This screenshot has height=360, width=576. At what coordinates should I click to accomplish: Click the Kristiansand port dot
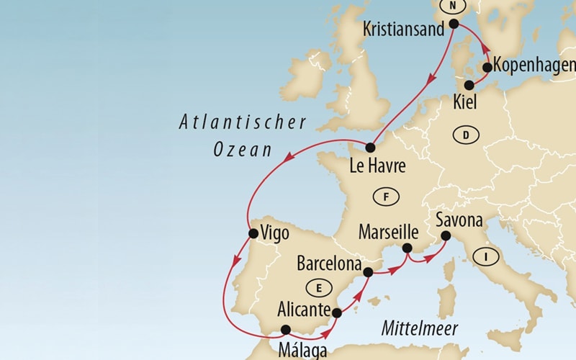(x=454, y=24)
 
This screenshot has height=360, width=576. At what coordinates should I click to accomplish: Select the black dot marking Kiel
(x=469, y=85)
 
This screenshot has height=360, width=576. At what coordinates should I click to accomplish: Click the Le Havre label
(x=377, y=167)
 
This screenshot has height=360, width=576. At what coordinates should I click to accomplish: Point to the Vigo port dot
(x=253, y=233)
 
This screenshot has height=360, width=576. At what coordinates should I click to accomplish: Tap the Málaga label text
(x=302, y=351)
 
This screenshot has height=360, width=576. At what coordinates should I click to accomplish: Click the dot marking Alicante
(x=336, y=312)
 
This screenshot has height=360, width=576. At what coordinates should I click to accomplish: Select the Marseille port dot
(x=407, y=248)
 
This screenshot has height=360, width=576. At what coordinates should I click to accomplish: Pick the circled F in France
(x=387, y=196)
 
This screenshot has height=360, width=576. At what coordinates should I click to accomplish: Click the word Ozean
(x=243, y=150)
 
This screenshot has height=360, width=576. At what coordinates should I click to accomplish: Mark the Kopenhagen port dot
(x=487, y=68)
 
